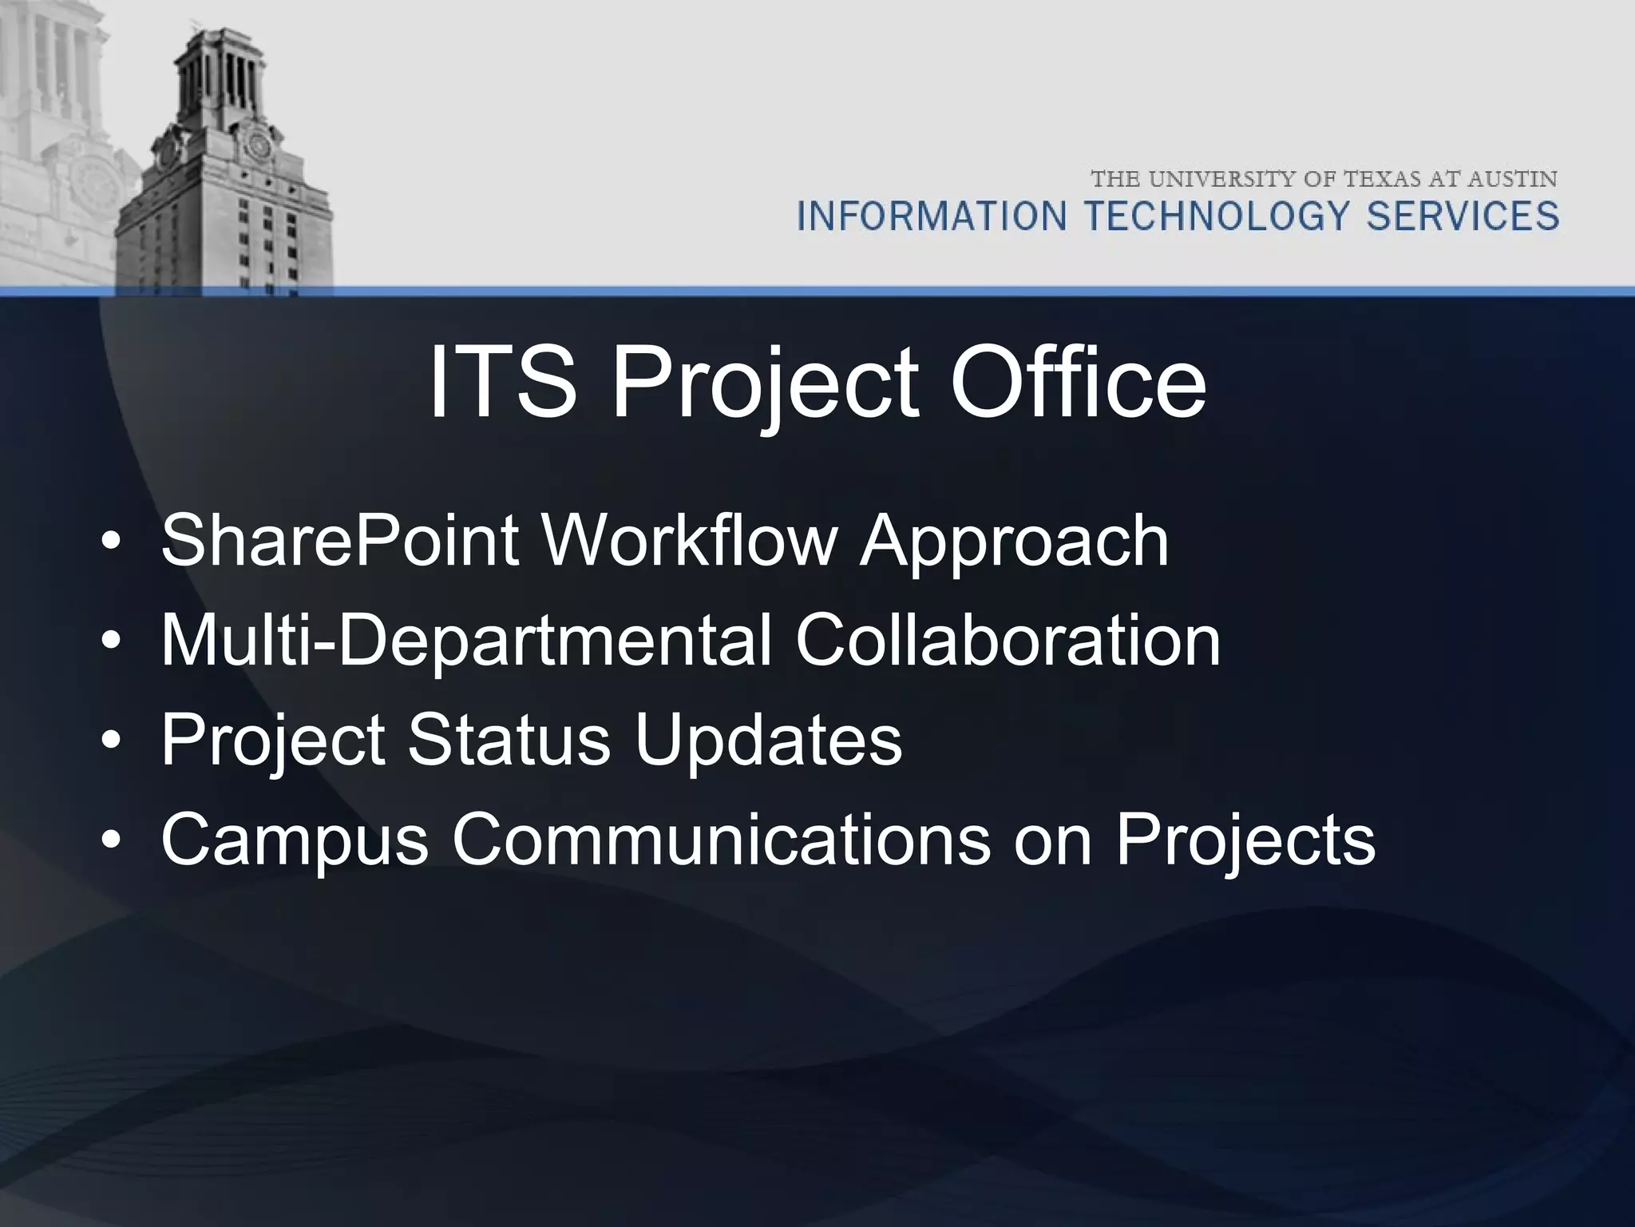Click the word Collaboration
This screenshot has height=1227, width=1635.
point(1008,641)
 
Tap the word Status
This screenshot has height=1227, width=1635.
point(509,740)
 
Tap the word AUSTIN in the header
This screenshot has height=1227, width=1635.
point(1513,179)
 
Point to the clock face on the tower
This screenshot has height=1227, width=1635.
point(257,145)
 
